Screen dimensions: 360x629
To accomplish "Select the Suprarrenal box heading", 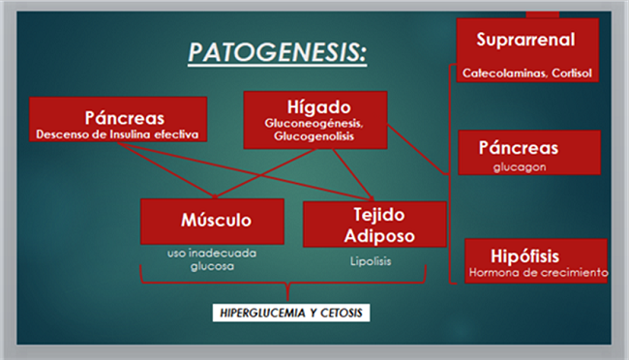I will (525, 40).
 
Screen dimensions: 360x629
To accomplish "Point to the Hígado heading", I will (314, 106).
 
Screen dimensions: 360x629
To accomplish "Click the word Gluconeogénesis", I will (314, 124).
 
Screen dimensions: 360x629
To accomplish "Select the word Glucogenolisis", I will (314, 136).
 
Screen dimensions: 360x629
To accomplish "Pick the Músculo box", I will (212, 221).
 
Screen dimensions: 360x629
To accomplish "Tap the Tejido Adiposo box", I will (374, 224).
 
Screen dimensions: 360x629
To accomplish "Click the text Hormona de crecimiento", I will (537, 273).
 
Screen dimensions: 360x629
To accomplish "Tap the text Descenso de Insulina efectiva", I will (119, 135).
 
